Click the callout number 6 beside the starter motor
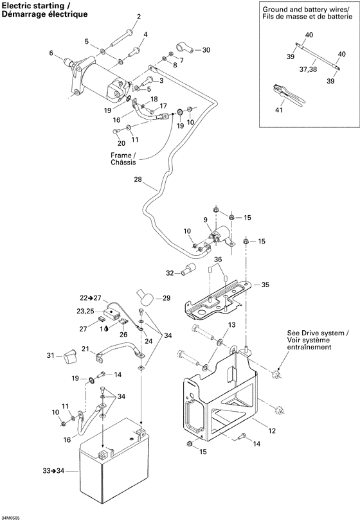tap(51, 53)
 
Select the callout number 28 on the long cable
tap(137, 179)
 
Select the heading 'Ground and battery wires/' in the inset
tap(308, 10)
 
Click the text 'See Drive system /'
tap(318, 333)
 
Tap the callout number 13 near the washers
tap(232, 324)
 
